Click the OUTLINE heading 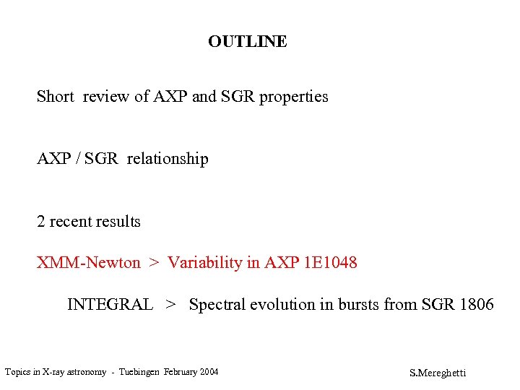pyautogui.click(x=247, y=42)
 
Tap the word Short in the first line pyautogui.click(x=56, y=97)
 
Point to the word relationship pyautogui.click(x=168, y=159)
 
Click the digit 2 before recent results pyautogui.click(x=41, y=222)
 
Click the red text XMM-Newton pyautogui.click(x=89, y=263)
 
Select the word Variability pyautogui.click(x=205, y=263)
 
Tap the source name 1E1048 pyautogui.click(x=331, y=263)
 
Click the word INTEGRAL pyautogui.click(x=110, y=305)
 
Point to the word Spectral pyautogui.click(x=218, y=305)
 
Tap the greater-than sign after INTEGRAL pyautogui.click(x=170, y=305)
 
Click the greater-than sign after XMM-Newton pyautogui.click(x=154, y=263)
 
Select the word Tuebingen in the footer pyautogui.click(x=138, y=373)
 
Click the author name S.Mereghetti pyautogui.click(x=438, y=373)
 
